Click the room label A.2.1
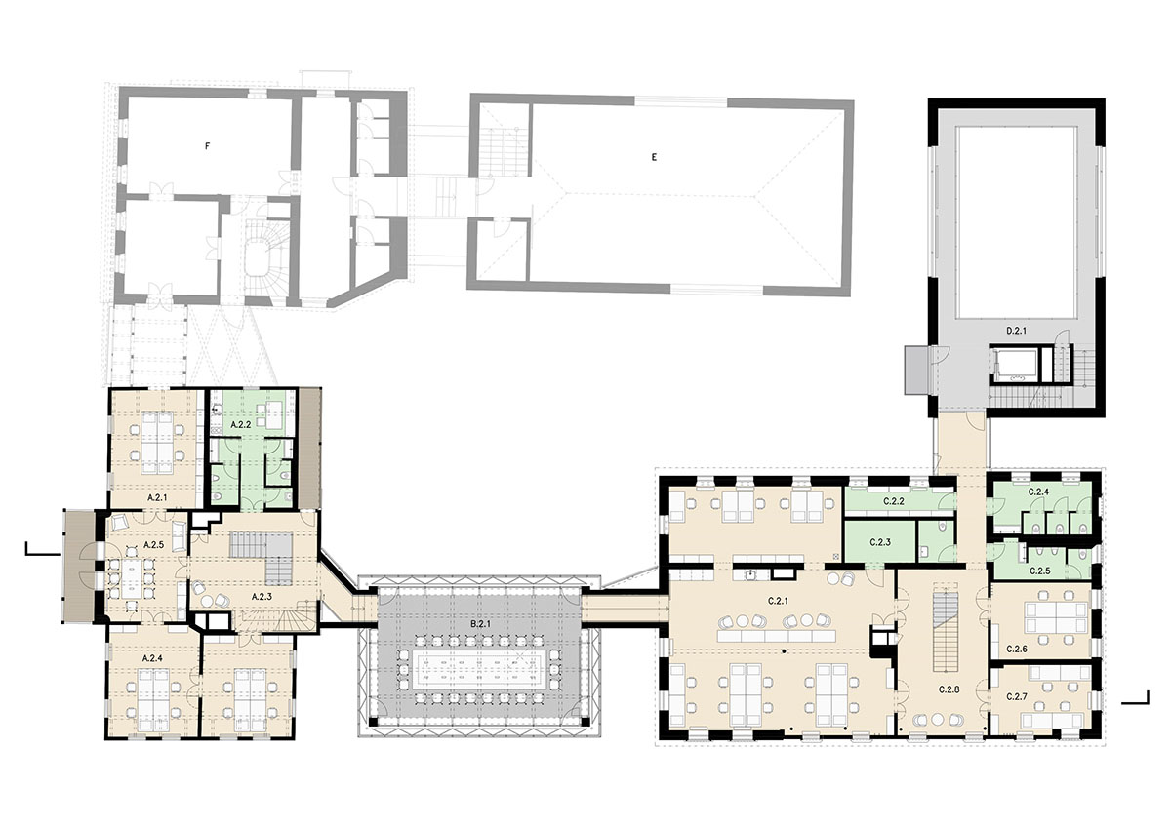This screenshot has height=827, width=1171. (157, 498)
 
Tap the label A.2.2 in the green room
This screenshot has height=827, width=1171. (241, 425)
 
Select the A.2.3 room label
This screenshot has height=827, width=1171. (262, 596)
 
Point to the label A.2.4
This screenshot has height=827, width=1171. (152, 659)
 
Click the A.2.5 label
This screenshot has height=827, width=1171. (154, 545)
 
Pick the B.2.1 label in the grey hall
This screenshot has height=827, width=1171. (480, 623)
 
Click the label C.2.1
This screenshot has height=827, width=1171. (779, 602)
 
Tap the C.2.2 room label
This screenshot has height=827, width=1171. (894, 501)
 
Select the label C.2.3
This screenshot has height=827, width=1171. (880, 543)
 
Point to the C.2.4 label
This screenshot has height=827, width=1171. (1038, 492)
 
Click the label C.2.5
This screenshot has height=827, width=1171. (1040, 571)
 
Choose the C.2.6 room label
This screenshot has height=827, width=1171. (1017, 649)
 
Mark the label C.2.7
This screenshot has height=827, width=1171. (1017, 697)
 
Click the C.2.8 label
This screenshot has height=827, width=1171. (949, 689)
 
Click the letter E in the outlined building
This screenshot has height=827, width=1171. (654, 157)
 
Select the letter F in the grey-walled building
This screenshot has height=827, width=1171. (208, 146)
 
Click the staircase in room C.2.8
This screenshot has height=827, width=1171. (946, 632)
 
